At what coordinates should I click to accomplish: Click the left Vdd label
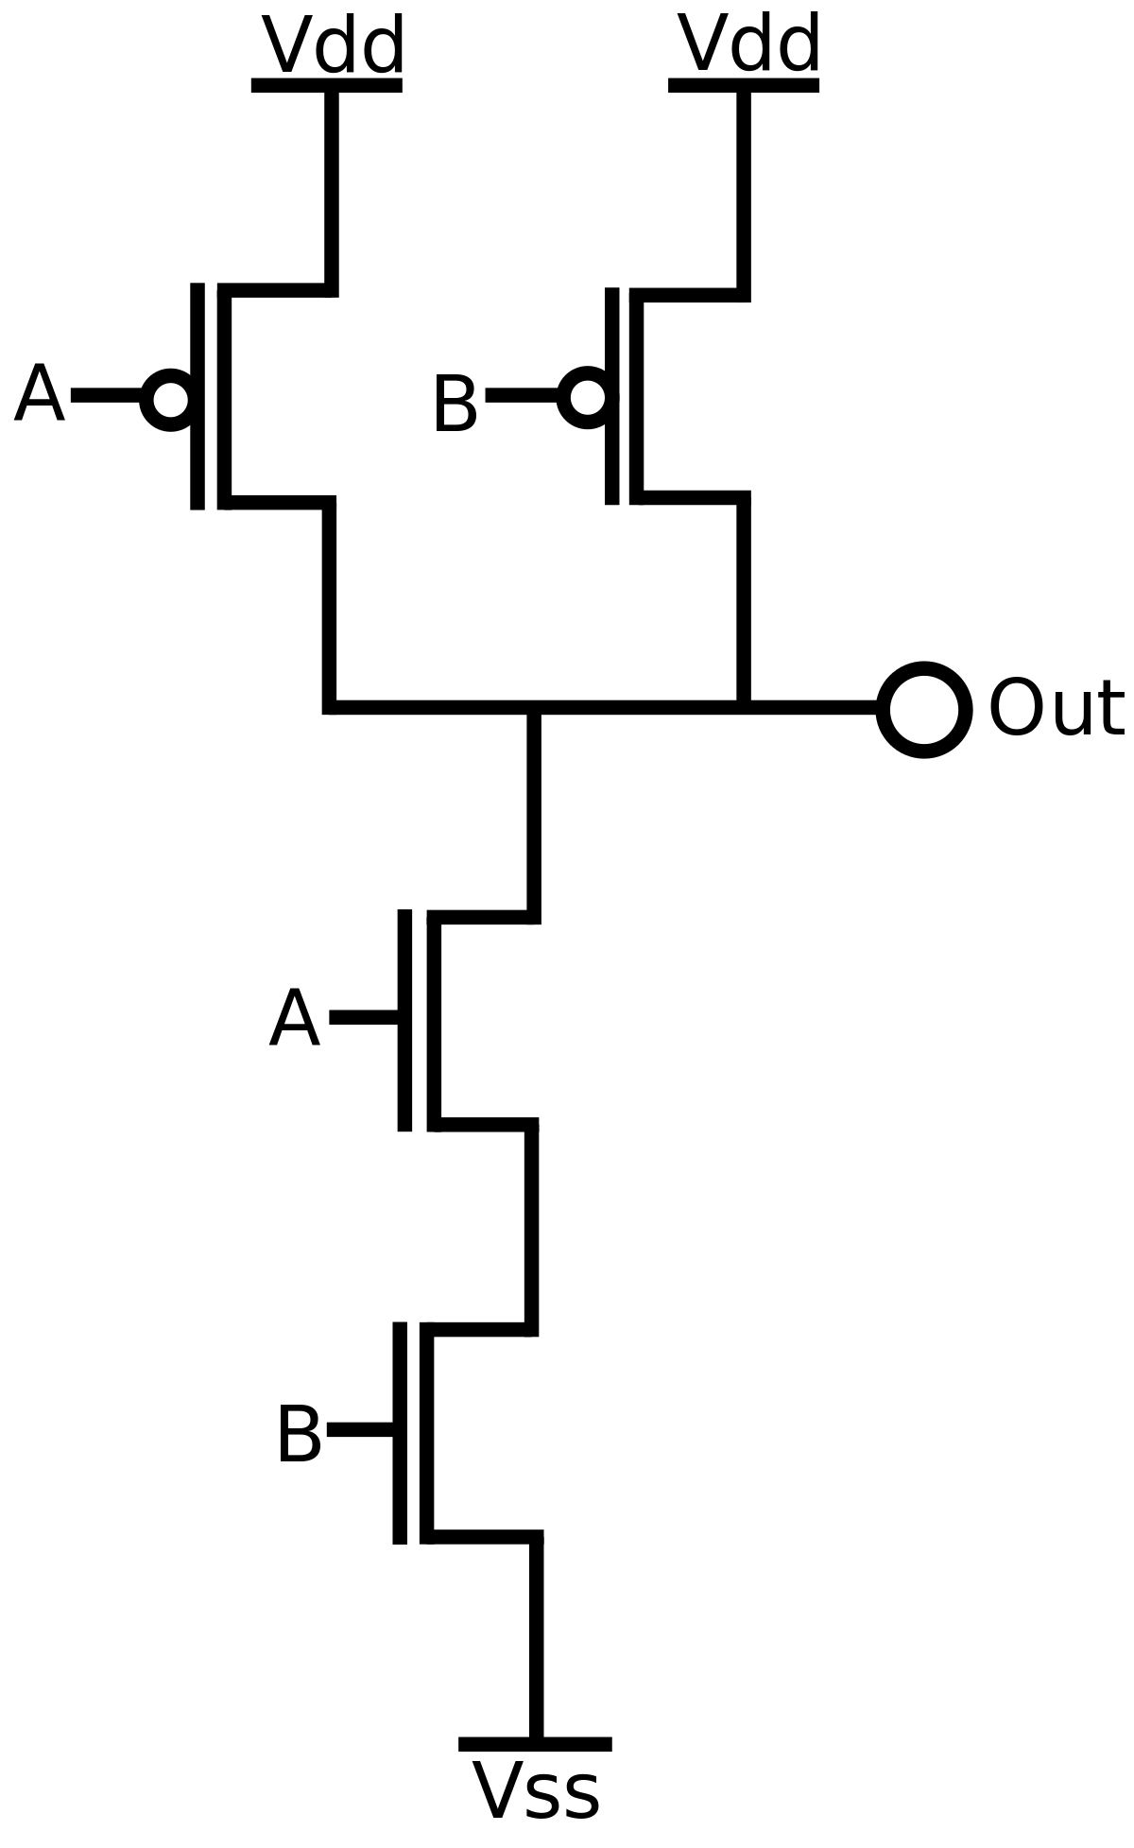332,44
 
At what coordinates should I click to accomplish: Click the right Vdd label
748,44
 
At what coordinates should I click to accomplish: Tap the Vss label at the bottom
535,1791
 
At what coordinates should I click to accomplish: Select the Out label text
1056,708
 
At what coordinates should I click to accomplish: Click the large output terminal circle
924,709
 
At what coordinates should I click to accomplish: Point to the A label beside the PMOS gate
40,395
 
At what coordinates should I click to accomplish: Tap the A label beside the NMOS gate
295,1020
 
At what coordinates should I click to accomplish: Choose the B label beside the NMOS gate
300,1435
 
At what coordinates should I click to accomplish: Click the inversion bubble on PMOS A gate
170,398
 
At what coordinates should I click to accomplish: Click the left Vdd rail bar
327,85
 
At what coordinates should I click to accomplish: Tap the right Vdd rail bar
744,85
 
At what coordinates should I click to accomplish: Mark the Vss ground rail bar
535,1743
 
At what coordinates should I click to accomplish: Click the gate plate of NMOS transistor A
404,1020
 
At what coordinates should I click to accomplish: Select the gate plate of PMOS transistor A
198,395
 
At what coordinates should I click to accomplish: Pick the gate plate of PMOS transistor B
612,395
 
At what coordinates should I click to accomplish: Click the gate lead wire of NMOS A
363,1017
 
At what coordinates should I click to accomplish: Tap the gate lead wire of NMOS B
360,1429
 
